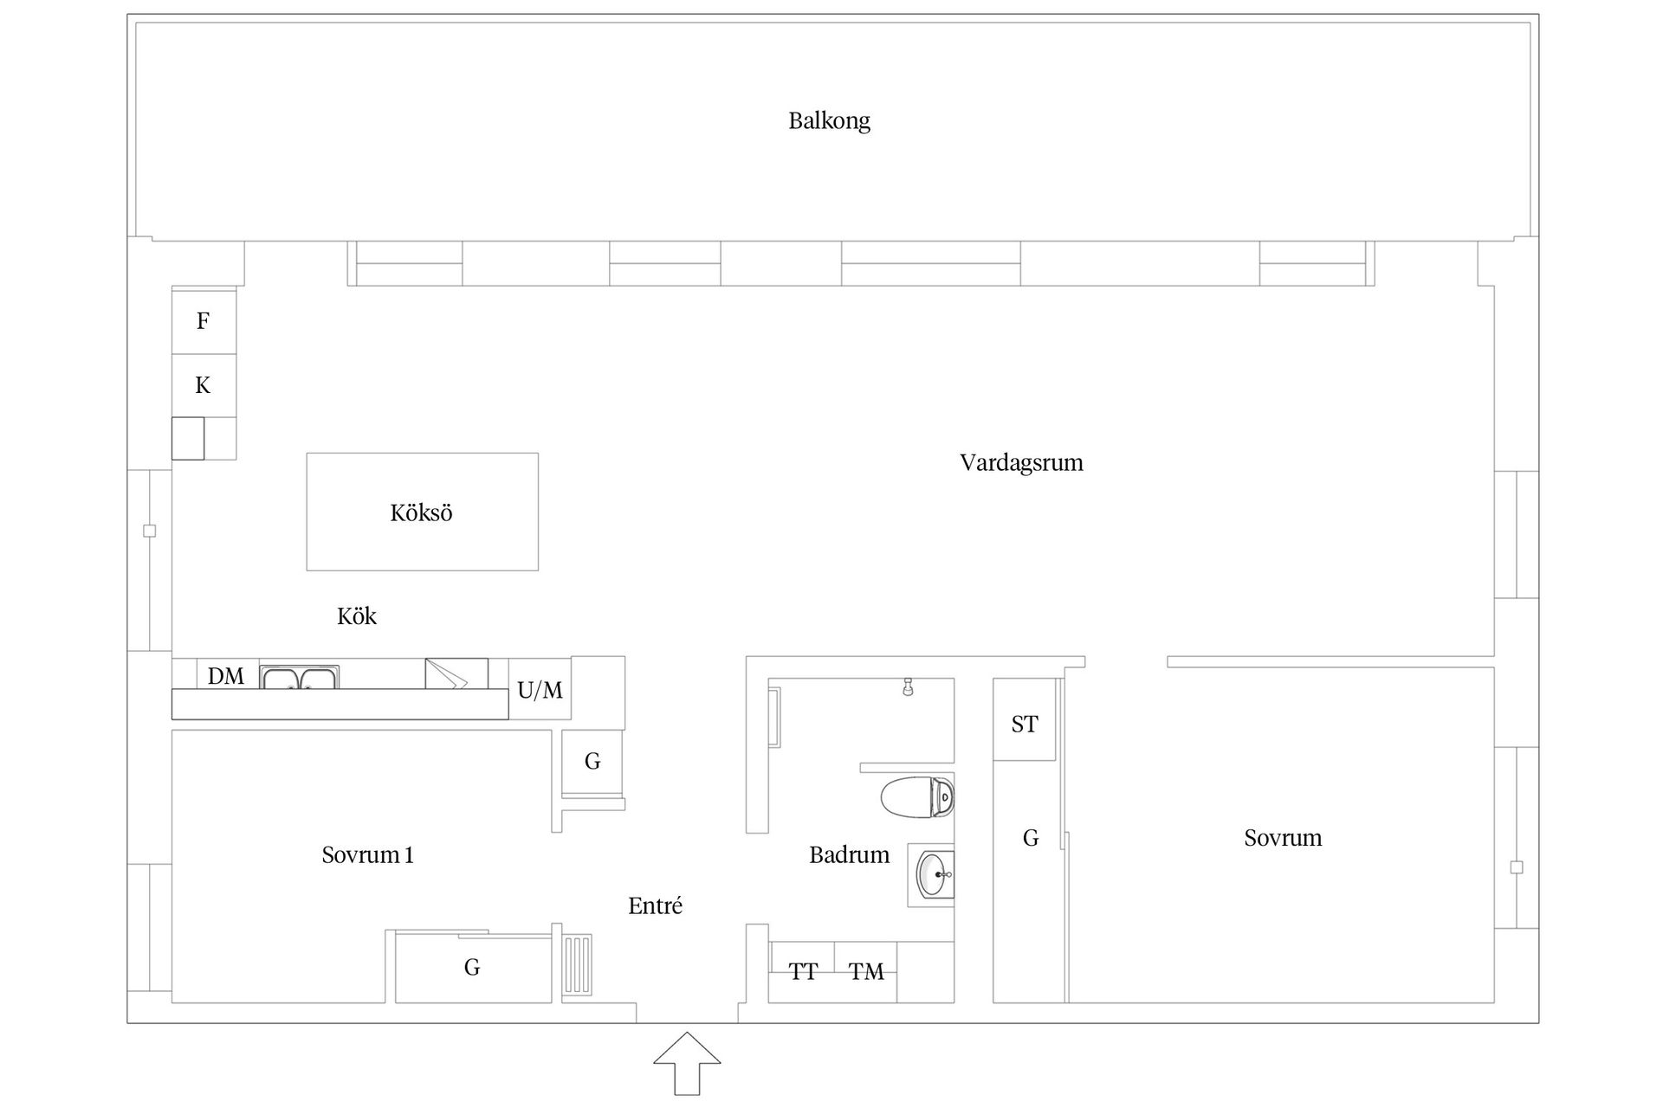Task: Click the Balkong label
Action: point(829,120)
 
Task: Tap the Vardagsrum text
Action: point(1021,462)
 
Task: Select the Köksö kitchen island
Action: point(422,512)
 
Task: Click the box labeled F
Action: point(204,321)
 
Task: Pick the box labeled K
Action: point(204,385)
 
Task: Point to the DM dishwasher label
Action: point(226,676)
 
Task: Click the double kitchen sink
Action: point(299,677)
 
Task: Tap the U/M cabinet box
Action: point(540,690)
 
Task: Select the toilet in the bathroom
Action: point(917,797)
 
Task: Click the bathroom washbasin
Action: point(934,874)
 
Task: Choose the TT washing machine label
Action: point(803,972)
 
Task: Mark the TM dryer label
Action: point(866,972)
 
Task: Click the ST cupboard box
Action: point(1025,724)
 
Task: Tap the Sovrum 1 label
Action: point(367,855)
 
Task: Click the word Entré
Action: point(655,906)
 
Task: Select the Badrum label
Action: point(849,855)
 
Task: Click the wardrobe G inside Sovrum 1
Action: point(472,967)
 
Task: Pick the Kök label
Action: point(357,616)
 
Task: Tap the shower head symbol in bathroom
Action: point(908,686)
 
